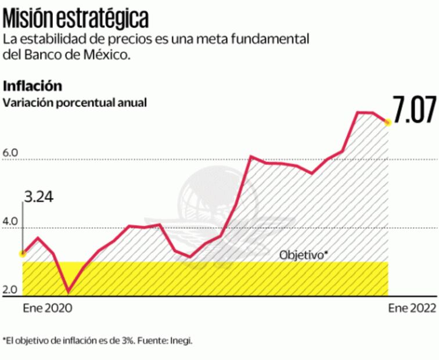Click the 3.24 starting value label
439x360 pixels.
point(38,197)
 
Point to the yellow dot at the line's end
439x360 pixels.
point(388,123)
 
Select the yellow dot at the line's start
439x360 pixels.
point(23,253)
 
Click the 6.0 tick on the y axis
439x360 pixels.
point(11,153)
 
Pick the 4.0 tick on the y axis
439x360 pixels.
point(11,222)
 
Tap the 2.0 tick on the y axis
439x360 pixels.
point(11,290)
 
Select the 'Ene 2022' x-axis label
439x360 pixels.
point(412,308)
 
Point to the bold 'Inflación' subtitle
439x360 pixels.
point(33,86)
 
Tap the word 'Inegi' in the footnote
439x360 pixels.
point(181,341)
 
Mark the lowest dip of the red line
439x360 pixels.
point(69,291)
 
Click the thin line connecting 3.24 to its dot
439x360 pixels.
point(23,226)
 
